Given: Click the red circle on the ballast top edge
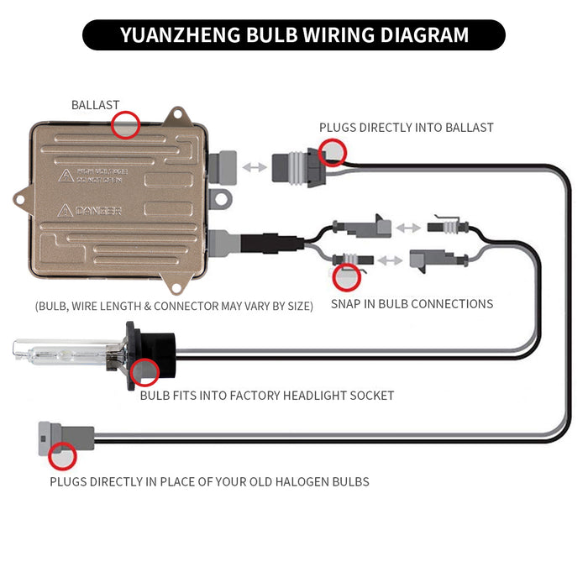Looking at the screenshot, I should click(126, 124).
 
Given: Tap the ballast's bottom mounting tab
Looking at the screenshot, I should click(176, 285).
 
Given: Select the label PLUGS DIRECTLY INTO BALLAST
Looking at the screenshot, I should click(406, 128).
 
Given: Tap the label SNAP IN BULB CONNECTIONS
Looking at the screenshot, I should click(412, 303).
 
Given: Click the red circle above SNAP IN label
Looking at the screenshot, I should click(346, 276).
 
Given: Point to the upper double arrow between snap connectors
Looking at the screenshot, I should click(408, 227).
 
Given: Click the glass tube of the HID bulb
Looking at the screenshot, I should click(59, 352).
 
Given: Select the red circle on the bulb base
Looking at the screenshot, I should click(145, 371).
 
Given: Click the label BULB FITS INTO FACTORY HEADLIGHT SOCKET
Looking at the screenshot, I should click(266, 395).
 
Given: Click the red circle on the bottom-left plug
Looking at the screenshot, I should click(62, 457).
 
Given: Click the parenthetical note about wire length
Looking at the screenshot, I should click(174, 306).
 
